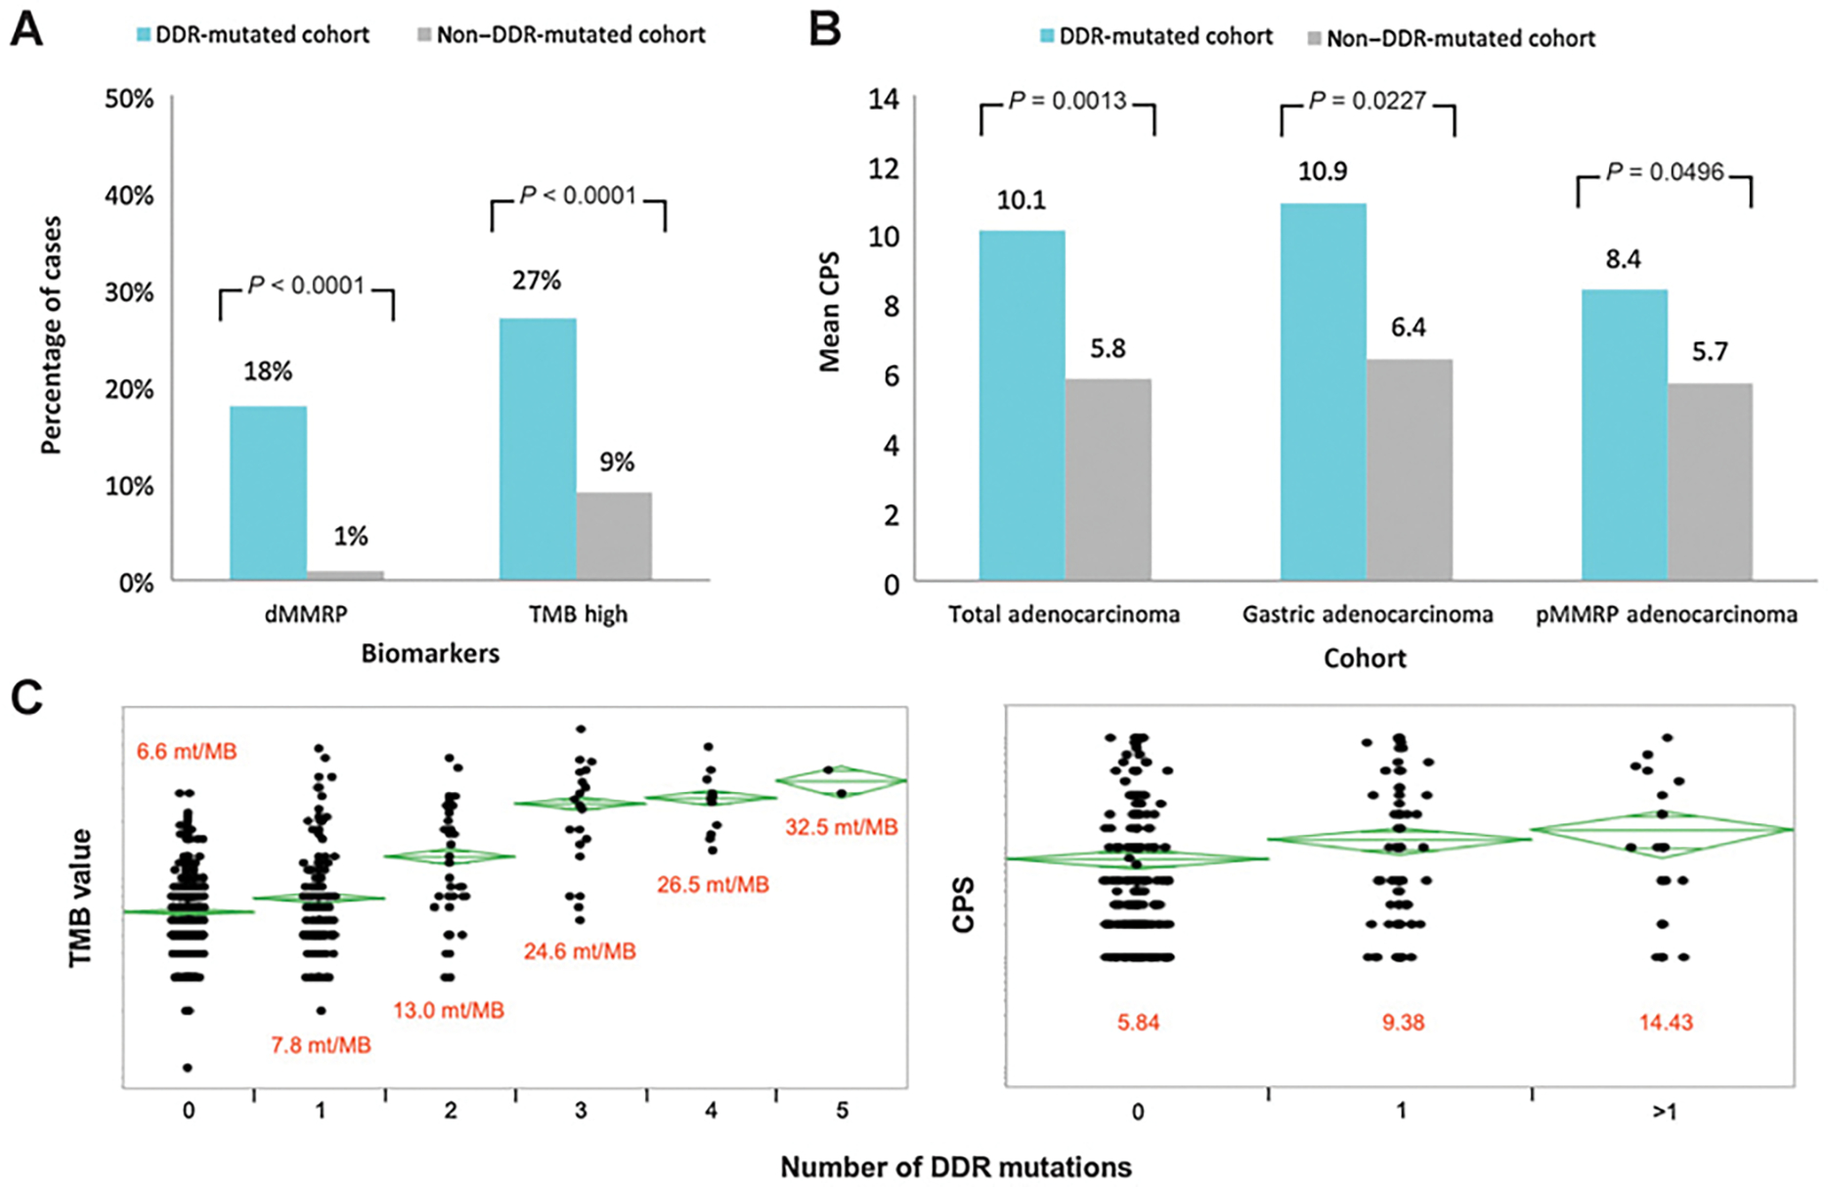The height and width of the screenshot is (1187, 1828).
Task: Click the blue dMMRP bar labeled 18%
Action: [x=268, y=493]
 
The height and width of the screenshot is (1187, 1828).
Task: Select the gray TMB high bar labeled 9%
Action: [x=614, y=536]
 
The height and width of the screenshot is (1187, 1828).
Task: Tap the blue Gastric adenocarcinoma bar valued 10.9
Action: [x=1323, y=391]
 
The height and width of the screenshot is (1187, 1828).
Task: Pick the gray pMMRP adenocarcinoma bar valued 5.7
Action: [x=1710, y=481]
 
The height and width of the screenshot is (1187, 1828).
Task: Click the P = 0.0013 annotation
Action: [x=1067, y=101]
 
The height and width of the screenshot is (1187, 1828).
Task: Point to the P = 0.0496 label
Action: [x=1665, y=172]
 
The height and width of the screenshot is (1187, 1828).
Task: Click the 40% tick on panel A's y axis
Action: [x=130, y=196]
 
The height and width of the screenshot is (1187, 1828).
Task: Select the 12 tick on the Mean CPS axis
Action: [x=884, y=168]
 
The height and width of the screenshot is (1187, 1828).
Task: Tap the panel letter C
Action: [x=26, y=698]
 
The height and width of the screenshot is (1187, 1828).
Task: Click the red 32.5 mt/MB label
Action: [x=841, y=827]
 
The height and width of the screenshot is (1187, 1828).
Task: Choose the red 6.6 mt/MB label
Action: [x=186, y=752]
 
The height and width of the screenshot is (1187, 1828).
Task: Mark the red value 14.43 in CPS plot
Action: [x=1666, y=1023]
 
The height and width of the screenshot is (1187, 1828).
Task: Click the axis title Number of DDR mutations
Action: [x=955, y=1166]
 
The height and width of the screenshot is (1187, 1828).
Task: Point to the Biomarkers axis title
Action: [x=430, y=653]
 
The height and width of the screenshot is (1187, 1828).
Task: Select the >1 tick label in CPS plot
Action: [x=1664, y=1112]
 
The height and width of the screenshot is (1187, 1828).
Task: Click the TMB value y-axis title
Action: [x=80, y=898]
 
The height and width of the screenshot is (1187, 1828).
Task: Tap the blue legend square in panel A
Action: [x=144, y=35]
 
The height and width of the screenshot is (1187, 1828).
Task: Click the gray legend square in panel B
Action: [x=1314, y=39]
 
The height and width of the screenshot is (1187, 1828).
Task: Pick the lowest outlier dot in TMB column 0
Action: [x=188, y=1068]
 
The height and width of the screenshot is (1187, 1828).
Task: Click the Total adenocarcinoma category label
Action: [x=1064, y=614]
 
